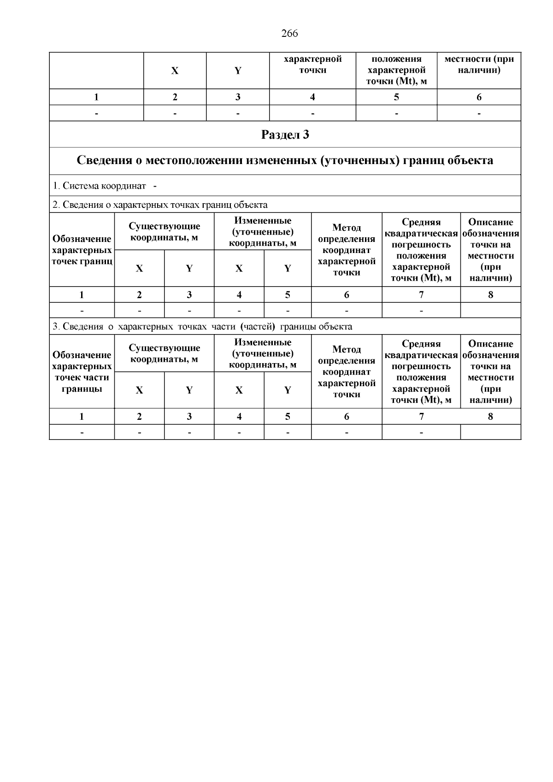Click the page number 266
[x=289, y=34]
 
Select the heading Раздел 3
[x=285, y=135]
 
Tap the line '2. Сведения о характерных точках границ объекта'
[x=160, y=205]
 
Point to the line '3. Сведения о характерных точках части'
[x=202, y=327]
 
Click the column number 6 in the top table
[x=479, y=97]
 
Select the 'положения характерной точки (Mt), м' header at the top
[x=396, y=70]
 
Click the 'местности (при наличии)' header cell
[x=479, y=65]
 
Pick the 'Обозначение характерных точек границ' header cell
[x=82, y=250]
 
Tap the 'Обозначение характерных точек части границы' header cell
[x=82, y=371]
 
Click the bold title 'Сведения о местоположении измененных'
[x=285, y=160]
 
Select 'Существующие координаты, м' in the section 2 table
[x=164, y=232]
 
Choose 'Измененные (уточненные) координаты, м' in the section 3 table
[x=263, y=353]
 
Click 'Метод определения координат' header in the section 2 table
[x=347, y=250]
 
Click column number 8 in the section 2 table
[x=490, y=294]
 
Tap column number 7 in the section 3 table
[x=421, y=416]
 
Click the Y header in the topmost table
[x=238, y=71]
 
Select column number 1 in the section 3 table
[x=82, y=416]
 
